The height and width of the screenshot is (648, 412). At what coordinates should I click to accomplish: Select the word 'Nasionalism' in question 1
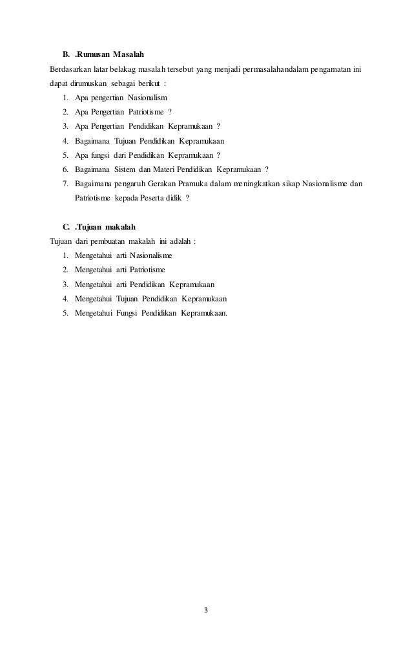147,98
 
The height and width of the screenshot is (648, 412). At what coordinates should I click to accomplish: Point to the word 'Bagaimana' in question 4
92,140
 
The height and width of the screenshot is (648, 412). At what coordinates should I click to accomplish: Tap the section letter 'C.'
66,226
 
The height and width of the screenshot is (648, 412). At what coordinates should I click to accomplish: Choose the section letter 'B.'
66,53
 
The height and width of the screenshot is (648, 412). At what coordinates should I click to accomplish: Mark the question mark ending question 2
170,112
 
